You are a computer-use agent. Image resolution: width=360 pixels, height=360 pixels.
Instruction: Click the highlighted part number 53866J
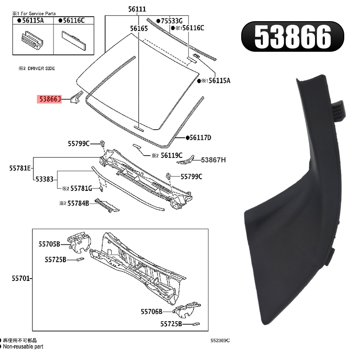[x=50, y=99]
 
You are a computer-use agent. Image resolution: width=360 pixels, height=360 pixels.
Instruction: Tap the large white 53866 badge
[x=292, y=37]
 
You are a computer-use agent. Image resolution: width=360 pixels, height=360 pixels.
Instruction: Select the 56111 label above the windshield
[x=137, y=9]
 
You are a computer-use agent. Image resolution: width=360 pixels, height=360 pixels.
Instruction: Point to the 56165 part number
[x=139, y=28]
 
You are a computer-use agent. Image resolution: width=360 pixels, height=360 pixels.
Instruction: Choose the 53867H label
[x=213, y=160]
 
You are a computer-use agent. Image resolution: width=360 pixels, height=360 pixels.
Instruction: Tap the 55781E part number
[x=20, y=168]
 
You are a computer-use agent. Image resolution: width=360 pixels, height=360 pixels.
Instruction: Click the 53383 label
[x=45, y=179]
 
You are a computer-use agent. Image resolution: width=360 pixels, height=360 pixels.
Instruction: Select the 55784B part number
[x=78, y=203]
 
